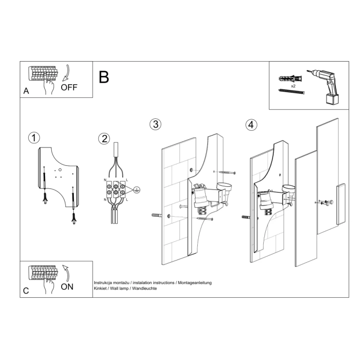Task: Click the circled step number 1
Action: click(33, 138)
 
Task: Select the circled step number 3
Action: click(155, 125)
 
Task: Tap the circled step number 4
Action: click(251, 125)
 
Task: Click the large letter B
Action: click(104, 77)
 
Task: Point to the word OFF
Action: click(69, 87)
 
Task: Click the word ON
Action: click(67, 286)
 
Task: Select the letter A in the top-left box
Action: click(26, 91)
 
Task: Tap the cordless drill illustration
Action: click(325, 86)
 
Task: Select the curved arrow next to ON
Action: click(66, 272)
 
